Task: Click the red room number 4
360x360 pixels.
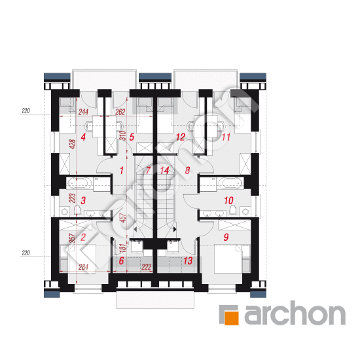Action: pos(83,137)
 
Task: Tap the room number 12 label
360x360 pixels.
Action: pos(181,137)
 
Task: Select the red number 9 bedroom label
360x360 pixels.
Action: pos(226,237)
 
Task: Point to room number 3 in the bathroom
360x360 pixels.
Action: pos(83,200)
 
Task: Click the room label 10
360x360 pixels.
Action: pos(228,200)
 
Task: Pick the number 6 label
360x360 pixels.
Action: pos(122,261)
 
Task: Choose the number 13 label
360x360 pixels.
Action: pos(188,261)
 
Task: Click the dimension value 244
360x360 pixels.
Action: pos(83,112)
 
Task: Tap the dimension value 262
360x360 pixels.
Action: pos(120,112)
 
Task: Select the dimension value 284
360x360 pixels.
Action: pos(83,267)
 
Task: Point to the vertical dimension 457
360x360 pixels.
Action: pos(123,218)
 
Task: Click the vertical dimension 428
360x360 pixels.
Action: pos(72,144)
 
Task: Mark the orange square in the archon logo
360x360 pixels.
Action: pos(232,319)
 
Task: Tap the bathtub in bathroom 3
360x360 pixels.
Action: pos(78,184)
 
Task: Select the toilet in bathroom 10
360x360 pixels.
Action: pos(233,210)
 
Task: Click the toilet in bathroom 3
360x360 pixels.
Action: pos(77,210)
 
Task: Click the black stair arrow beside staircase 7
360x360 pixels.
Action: pos(135,229)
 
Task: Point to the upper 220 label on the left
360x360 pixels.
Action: pos(26,111)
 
